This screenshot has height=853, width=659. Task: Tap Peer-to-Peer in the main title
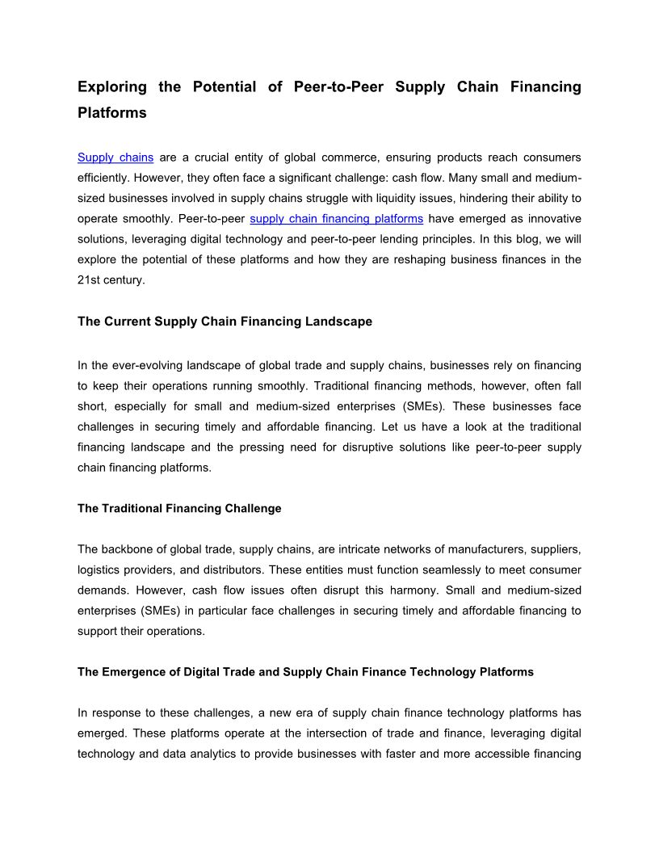click(x=333, y=86)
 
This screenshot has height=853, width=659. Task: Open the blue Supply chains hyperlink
click(x=115, y=157)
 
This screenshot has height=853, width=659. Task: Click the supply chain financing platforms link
click(x=336, y=218)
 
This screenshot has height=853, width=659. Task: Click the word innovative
click(x=552, y=218)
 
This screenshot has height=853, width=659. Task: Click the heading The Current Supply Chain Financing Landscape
click(x=225, y=321)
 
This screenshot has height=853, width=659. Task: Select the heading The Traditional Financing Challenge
click(x=179, y=508)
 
